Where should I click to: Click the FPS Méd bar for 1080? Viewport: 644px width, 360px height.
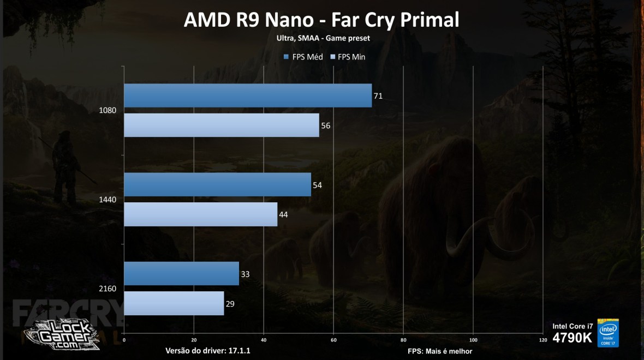tap(248, 95)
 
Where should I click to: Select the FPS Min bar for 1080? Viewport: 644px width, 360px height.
tap(222, 125)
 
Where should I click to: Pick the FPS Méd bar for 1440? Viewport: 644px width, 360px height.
tap(217, 185)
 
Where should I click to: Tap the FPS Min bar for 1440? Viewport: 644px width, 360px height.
tap(201, 214)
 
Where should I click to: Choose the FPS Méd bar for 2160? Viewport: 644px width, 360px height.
tap(182, 273)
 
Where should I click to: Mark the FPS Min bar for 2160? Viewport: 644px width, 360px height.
tap(174, 303)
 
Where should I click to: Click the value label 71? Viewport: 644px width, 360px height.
tap(378, 96)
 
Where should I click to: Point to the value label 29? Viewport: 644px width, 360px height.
tap(230, 303)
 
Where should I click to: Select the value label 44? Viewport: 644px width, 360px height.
tap(283, 214)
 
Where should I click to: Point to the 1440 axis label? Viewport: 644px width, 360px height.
tap(108, 200)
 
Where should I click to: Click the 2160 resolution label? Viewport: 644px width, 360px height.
tap(108, 289)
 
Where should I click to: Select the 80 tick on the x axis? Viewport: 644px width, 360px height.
tap(403, 340)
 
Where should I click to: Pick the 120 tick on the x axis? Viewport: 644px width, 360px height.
tap(542, 340)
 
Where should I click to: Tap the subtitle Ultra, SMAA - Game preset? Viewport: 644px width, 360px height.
tap(321, 38)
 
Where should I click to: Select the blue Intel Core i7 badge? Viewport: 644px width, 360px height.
tap(608, 333)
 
